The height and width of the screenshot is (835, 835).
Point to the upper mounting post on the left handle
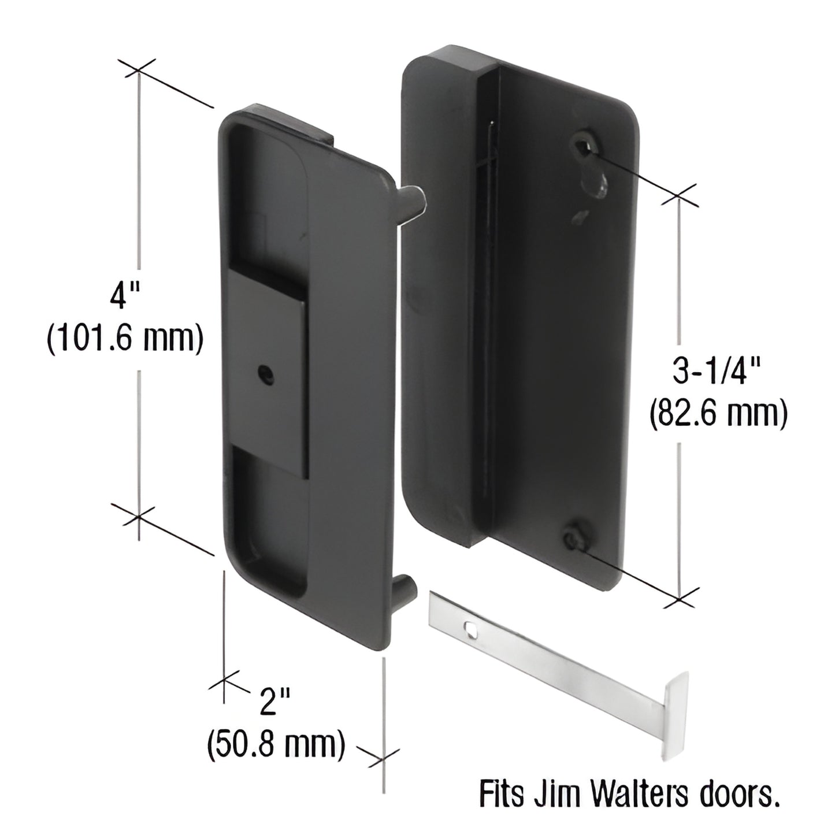point(415,200)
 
